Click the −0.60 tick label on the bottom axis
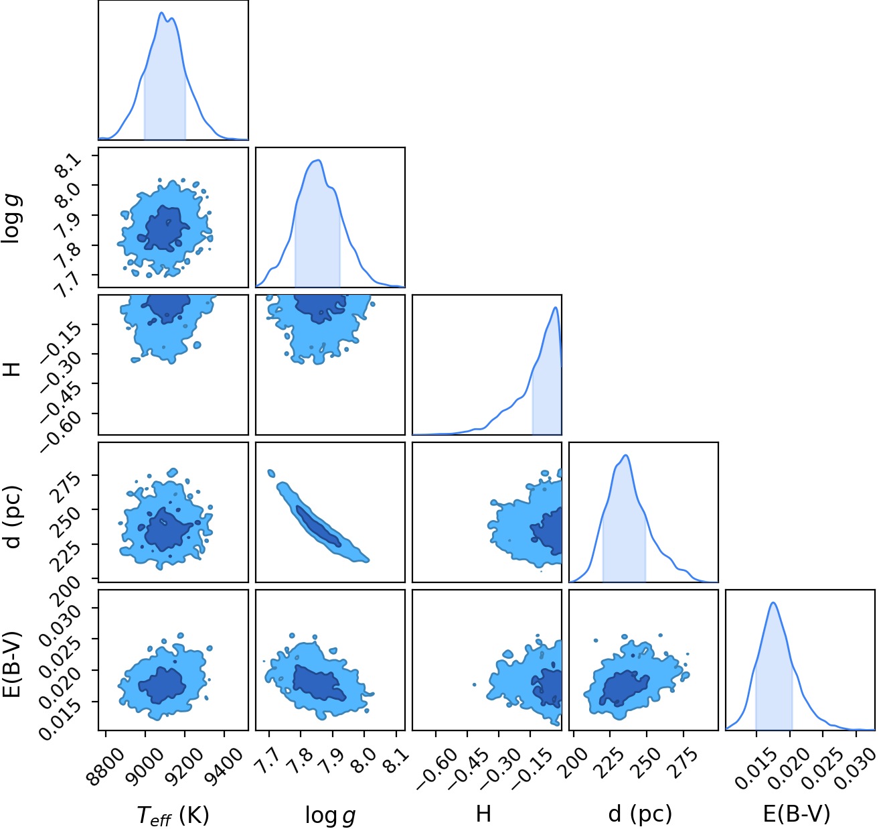pos(437,764)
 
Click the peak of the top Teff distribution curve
pos(161,13)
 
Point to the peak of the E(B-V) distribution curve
pos(774,603)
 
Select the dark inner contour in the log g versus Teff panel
pos(164,228)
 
